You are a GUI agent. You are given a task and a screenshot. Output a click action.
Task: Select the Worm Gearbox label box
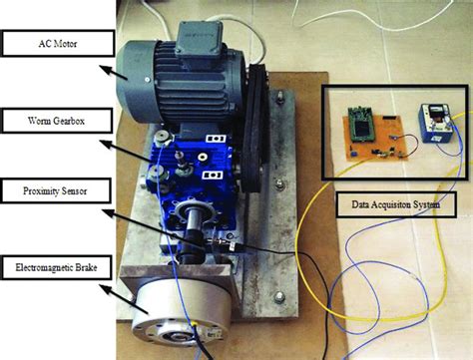(54, 123)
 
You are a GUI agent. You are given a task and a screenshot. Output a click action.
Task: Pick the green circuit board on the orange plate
(363, 125)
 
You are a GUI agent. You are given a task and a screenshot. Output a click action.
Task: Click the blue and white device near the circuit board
(436, 126)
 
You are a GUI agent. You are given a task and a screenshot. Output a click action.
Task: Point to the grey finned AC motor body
(160, 80)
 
